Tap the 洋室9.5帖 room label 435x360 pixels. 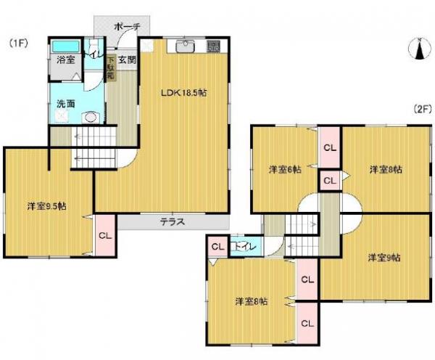(x=48, y=206)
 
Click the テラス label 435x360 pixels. (x=172, y=222)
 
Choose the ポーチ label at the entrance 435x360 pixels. (x=128, y=26)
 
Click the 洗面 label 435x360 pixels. (x=66, y=103)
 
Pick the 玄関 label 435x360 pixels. (x=128, y=60)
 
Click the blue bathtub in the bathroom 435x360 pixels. (x=68, y=46)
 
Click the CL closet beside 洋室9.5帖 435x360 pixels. (x=104, y=234)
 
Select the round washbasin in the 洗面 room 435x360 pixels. (x=91, y=117)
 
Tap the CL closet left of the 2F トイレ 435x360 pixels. (x=217, y=247)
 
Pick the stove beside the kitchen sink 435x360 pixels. (x=214, y=46)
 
